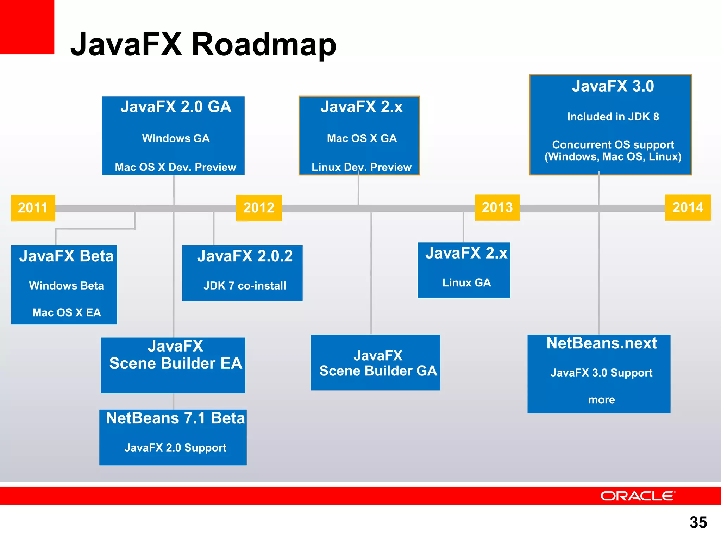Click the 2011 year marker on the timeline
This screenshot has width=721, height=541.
[33, 208]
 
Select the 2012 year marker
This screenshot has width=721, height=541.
[259, 208]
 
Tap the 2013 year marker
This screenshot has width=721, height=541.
[497, 207]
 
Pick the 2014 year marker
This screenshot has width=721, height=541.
[688, 207]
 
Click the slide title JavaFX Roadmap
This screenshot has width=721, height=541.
[203, 45]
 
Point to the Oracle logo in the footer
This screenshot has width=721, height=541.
[638, 496]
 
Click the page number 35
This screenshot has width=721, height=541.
[698, 522]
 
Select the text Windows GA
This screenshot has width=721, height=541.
[176, 138]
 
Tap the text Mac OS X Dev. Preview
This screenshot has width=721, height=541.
[175, 167]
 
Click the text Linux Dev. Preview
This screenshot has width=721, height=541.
[361, 167]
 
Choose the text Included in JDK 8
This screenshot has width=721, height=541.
[613, 117]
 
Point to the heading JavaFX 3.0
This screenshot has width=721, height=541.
[613, 86]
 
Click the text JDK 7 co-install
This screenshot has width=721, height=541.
[245, 286]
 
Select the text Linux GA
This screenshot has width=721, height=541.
[466, 282]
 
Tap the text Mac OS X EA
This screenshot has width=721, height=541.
[67, 312]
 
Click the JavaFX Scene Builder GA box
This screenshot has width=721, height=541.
[375, 362]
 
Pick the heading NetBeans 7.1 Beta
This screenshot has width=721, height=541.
[175, 418]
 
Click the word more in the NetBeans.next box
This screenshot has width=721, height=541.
[601, 400]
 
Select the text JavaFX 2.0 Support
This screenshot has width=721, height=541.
[175, 448]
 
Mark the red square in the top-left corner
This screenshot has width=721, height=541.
[27, 27]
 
